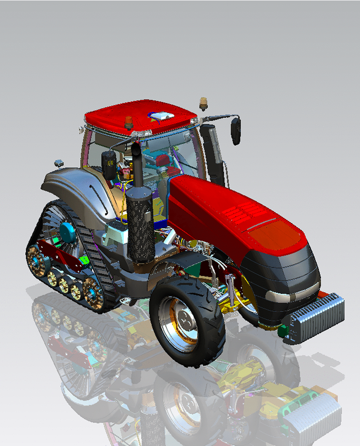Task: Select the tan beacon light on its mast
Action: pos(204,103)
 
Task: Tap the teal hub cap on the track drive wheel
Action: pos(68,232)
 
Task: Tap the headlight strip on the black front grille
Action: pos(290,294)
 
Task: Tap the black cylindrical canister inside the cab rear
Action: pos(109,163)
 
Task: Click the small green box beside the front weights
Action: pos(282,332)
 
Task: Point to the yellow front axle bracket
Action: pos(232,307)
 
